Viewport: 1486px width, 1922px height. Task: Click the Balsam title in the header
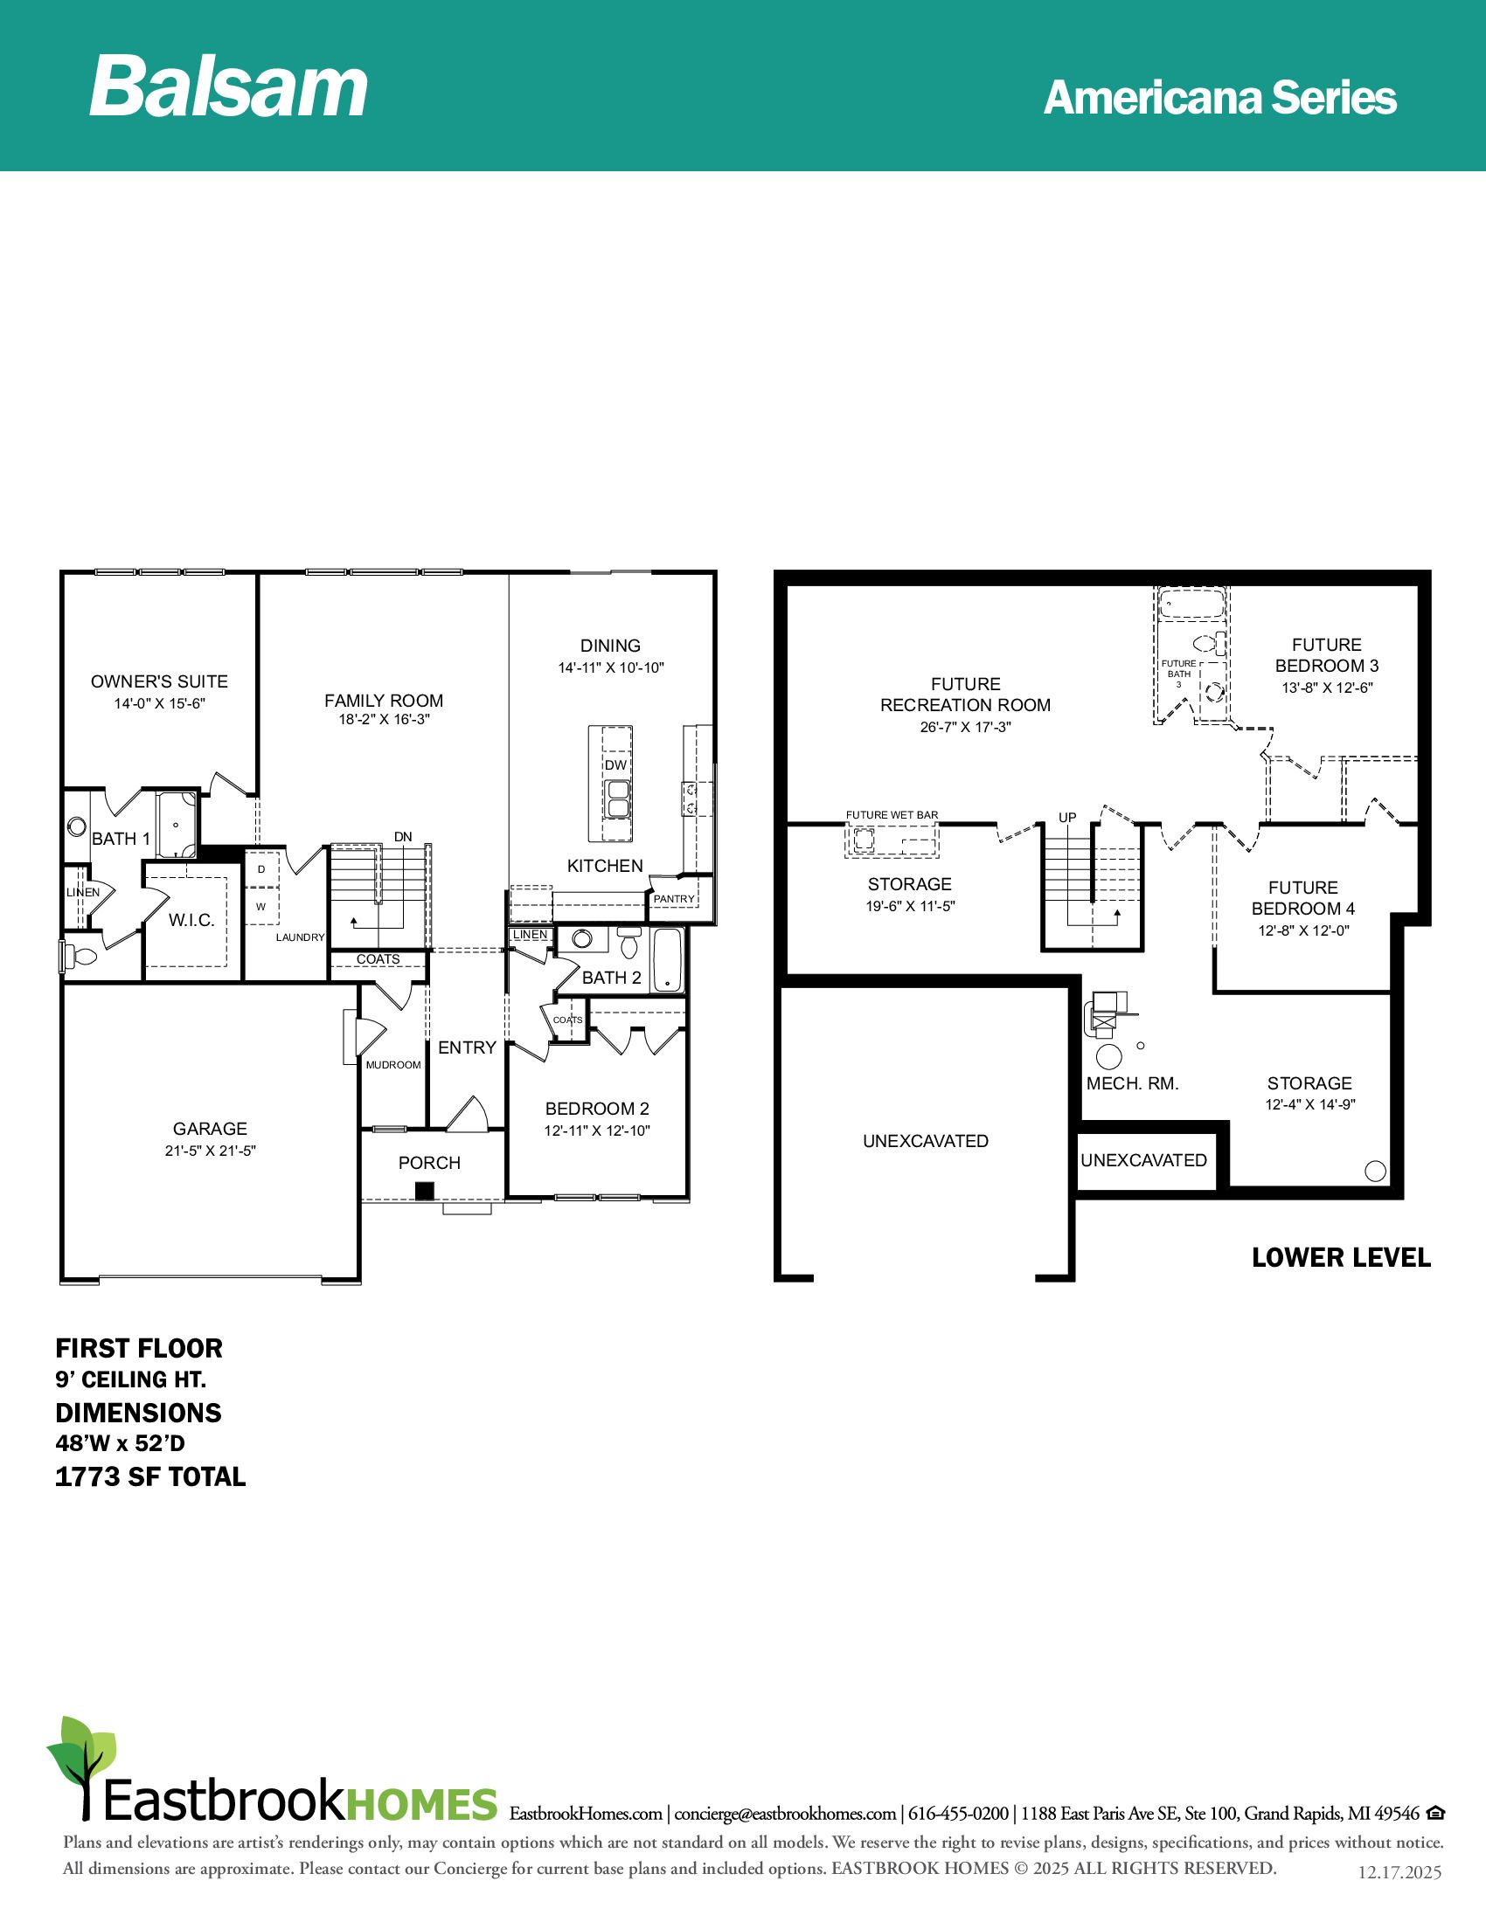tap(229, 86)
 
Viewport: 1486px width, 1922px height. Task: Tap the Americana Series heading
tap(1219, 98)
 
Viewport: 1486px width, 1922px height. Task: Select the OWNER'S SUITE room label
tap(159, 681)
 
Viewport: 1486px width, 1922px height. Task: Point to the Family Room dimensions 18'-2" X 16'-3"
tap(384, 720)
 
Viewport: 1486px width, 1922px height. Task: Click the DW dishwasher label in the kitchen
tap(615, 764)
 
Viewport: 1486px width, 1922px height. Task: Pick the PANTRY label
tap(674, 898)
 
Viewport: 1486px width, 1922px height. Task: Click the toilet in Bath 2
tap(628, 943)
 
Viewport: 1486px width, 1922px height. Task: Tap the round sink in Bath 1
tap(76, 826)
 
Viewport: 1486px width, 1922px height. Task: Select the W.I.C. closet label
tap(192, 920)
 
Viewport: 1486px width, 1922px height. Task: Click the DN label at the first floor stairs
tap(403, 837)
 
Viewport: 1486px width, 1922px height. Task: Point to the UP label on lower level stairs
tap(1068, 818)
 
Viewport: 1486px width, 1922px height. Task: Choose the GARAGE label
tap(210, 1128)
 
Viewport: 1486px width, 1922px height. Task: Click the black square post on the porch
tap(425, 1192)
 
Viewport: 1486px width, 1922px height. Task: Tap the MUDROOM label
tap(393, 1065)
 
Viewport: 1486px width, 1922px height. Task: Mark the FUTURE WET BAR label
tap(892, 815)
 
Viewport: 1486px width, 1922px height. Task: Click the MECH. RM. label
tap(1132, 1083)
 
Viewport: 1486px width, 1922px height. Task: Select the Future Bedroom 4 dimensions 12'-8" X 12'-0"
tap(1303, 930)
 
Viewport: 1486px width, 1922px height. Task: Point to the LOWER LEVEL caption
tap(1341, 1257)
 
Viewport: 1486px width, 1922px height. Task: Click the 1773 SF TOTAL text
tap(150, 1476)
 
